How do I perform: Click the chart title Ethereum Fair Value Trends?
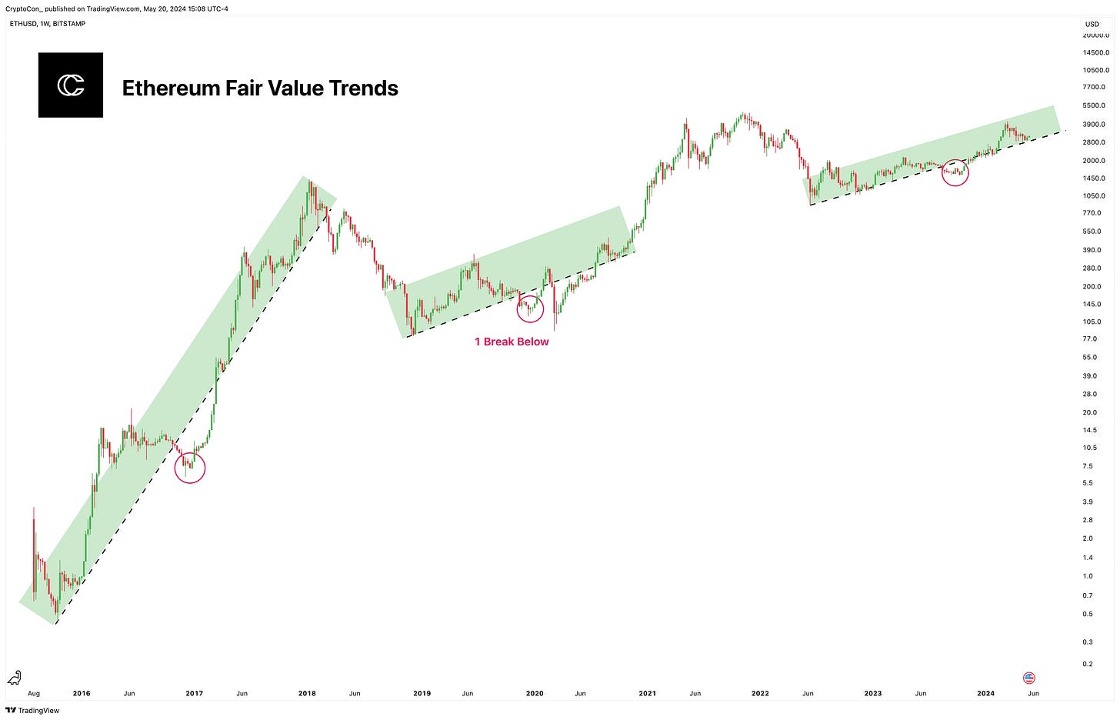click(x=260, y=88)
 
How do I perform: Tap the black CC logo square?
click(x=71, y=85)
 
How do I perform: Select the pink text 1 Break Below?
click(x=512, y=342)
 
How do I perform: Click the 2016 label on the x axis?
click(x=82, y=693)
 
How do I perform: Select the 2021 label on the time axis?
click(x=648, y=693)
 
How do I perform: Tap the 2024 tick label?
click(x=985, y=693)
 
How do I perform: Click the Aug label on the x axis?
click(x=34, y=693)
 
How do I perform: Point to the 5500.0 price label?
click(x=1094, y=105)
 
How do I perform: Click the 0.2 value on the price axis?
click(x=1088, y=664)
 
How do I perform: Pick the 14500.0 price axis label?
click(x=1096, y=52)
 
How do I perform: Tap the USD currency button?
click(x=1092, y=24)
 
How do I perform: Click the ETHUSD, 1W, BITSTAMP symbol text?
click(x=48, y=24)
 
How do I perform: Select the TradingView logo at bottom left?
click(x=32, y=710)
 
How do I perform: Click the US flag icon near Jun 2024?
click(x=1029, y=678)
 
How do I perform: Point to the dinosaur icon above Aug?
click(x=14, y=678)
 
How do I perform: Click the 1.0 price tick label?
click(x=1088, y=576)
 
